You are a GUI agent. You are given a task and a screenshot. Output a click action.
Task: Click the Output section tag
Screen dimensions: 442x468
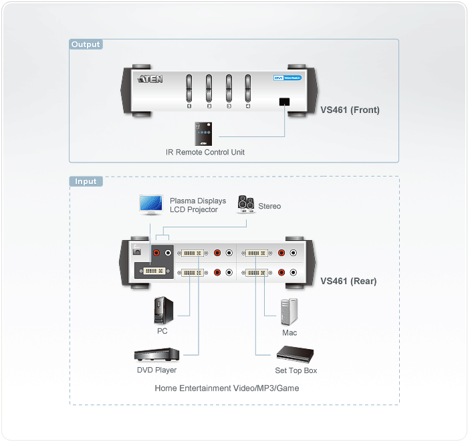86,45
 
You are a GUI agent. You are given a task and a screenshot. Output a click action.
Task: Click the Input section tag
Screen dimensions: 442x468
86,181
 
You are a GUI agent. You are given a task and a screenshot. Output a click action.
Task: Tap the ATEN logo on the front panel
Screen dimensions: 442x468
149,80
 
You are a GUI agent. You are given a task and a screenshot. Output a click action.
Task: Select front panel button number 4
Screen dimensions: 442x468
247,87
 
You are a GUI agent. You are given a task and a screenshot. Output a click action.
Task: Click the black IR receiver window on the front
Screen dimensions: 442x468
283,102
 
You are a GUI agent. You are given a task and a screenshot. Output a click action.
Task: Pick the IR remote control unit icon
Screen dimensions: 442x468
202,134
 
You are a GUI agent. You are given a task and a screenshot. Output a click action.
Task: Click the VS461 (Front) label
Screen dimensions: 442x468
350,110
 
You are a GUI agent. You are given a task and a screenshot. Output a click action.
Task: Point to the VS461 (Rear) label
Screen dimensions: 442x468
348,281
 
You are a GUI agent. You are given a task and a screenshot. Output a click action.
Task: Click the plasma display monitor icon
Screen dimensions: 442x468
150,204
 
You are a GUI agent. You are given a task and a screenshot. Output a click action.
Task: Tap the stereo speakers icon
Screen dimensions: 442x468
245,205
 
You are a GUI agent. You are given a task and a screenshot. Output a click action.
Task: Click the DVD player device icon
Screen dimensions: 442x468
156,356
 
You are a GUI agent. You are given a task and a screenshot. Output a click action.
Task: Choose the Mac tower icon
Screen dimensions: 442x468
289,312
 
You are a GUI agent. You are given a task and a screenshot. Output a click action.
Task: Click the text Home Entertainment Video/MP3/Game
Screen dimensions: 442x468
227,388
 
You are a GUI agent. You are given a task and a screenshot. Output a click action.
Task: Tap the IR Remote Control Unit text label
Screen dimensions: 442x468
205,152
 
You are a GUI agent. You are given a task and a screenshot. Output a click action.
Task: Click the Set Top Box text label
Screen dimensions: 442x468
296,370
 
